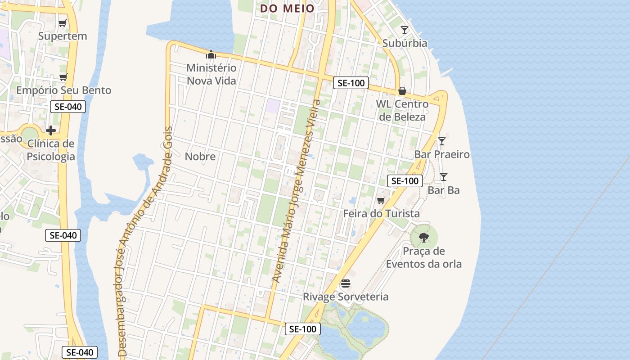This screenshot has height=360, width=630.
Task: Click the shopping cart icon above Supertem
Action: tap(62, 23)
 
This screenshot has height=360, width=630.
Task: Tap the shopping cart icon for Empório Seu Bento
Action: tap(63, 77)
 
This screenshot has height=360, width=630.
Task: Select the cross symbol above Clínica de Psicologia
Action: tap(51, 130)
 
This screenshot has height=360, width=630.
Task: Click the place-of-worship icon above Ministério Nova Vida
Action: tap(211, 55)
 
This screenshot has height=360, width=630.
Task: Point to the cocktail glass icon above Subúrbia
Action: tap(405, 30)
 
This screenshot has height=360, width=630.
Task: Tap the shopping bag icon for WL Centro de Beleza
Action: tap(402, 91)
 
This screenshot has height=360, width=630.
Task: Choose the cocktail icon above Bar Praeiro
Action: tap(442, 141)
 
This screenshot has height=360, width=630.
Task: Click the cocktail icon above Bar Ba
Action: tap(444, 177)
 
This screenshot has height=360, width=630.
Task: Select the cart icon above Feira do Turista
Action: tap(381, 200)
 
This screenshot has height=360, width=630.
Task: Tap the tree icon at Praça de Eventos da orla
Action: tap(423, 237)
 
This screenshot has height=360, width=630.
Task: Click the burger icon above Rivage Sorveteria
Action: tap(346, 283)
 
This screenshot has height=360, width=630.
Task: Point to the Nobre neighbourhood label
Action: tap(200, 157)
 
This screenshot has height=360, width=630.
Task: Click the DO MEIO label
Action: tap(288, 8)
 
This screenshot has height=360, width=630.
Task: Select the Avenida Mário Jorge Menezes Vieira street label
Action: tap(297, 191)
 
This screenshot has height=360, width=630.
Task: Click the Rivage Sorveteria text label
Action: tap(346, 297)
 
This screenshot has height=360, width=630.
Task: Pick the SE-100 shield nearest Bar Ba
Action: tap(405, 181)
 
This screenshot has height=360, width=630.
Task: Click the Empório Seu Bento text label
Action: tap(63, 90)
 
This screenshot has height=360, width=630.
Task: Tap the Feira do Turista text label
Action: tap(381, 214)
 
